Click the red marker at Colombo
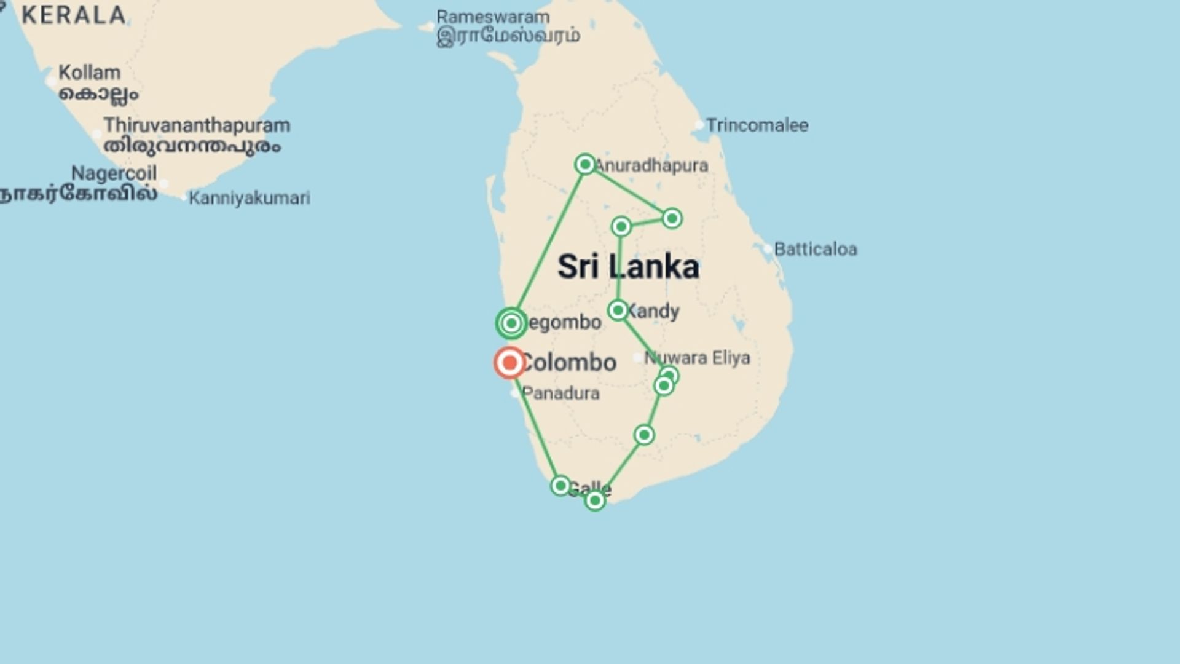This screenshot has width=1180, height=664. [509, 363]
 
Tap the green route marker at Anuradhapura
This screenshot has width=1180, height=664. [585, 164]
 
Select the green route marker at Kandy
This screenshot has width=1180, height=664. [618, 310]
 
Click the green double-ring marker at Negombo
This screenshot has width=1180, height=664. [511, 323]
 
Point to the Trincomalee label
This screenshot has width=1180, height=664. [757, 125]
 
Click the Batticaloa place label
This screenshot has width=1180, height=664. [815, 250]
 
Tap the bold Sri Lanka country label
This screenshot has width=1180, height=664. [628, 267]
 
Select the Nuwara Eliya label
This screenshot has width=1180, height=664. [697, 358]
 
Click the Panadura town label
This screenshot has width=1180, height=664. [560, 393]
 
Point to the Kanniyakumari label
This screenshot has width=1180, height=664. [249, 198]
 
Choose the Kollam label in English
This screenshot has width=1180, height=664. [90, 73]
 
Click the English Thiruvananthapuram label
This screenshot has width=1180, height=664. [197, 125]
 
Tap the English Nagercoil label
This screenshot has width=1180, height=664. [114, 173]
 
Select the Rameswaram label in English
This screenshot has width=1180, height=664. [493, 17]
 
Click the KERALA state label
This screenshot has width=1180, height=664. [73, 15]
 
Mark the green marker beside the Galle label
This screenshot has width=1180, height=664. [560, 486]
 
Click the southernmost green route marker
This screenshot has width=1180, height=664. [595, 501]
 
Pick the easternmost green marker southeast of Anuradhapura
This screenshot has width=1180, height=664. [672, 218]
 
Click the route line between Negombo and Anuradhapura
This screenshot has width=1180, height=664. [548, 243]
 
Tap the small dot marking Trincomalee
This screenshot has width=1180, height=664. [699, 125]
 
